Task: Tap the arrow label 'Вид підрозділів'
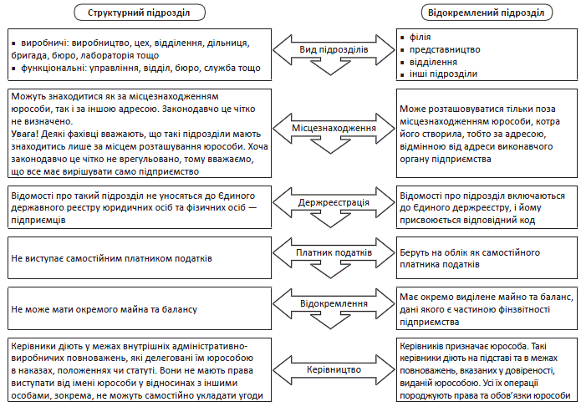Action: pyautogui.click(x=334, y=51)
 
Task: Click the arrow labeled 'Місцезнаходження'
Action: pyautogui.click(x=334, y=130)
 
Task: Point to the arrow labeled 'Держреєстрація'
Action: pyautogui.click(x=334, y=203)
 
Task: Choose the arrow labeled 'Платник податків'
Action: pyautogui.click(x=334, y=252)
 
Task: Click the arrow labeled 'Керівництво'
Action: pyautogui.click(x=334, y=368)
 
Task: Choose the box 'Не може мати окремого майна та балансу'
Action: pyautogui.click(x=104, y=309)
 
